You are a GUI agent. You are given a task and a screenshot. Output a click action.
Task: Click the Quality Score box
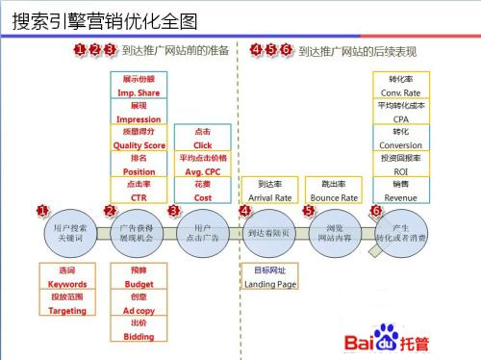click(x=139, y=139)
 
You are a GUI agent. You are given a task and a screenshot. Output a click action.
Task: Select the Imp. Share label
click(x=139, y=92)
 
